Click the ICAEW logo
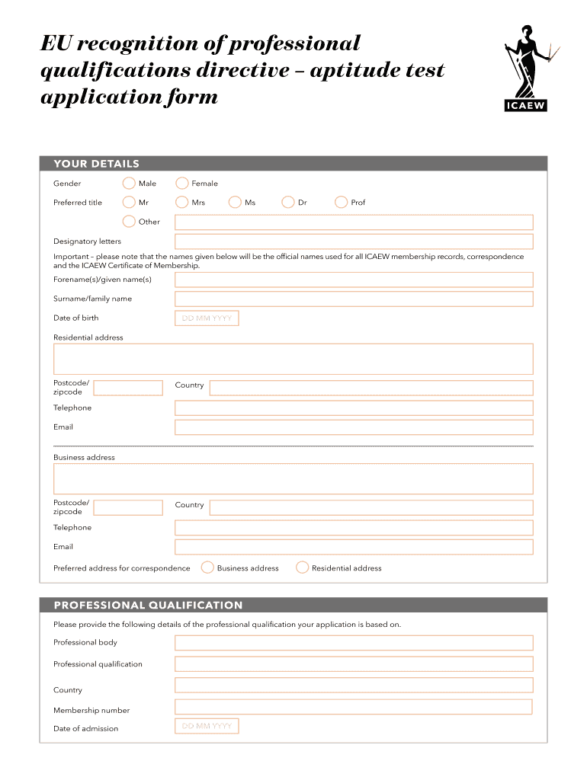point(527,69)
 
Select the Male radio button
point(130,183)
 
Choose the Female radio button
point(182,183)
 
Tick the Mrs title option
point(182,202)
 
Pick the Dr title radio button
point(288,202)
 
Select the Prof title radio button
point(341,202)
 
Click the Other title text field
point(354,222)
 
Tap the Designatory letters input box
point(354,241)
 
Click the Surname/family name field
point(354,299)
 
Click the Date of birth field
point(207,318)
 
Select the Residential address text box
point(293,359)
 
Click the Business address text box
point(293,478)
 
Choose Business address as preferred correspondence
point(207,567)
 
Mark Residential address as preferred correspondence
point(302,567)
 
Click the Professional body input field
point(354,642)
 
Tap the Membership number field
point(354,707)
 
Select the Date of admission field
point(207,726)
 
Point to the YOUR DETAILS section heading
point(96,164)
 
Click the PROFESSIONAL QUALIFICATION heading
point(148,606)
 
